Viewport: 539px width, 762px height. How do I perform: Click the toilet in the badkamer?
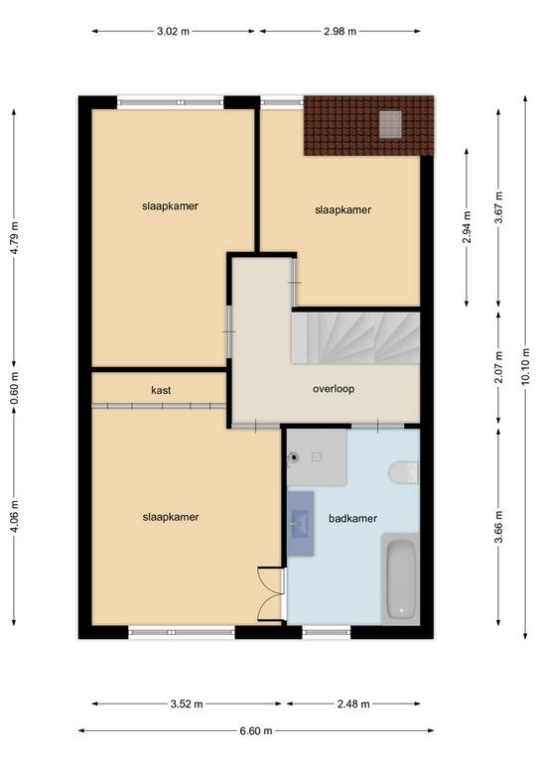click(x=403, y=472)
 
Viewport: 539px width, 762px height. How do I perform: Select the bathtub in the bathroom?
click(x=400, y=578)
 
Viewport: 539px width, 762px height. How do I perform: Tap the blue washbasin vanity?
click(x=300, y=523)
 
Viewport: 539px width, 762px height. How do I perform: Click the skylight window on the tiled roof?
click(x=390, y=124)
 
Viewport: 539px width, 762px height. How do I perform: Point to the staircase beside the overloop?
click(x=355, y=337)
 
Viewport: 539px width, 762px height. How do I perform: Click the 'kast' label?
click(x=161, y=390)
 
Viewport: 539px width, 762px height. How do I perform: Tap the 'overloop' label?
click(x=334, y=389)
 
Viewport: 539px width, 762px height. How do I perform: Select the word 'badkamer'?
click(x=352, y=519)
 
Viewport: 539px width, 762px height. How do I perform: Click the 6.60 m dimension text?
click(x=256, y=730)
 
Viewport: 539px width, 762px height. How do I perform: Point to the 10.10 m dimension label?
click(x=525, y=367)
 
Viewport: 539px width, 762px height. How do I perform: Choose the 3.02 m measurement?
click(x=173, y=32)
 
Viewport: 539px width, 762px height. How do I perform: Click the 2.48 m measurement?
click(x=353, y=703)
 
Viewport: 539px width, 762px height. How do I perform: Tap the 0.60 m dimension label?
click(x=14, y=388)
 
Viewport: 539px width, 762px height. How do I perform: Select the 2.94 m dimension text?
click(x=467, y=227)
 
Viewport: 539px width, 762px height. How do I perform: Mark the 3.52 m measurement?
click(x=187, y=703)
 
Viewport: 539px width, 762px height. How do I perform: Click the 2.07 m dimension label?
click(x=498, y=367)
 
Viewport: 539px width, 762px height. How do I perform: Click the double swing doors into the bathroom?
click(x=271, y=594)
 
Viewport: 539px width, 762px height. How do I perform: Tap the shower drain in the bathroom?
click(x=294, y=456)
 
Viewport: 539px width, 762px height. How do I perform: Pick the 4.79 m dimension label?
click(x=14, y=238)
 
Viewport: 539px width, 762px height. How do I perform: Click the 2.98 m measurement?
click(x=340, y=32)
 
